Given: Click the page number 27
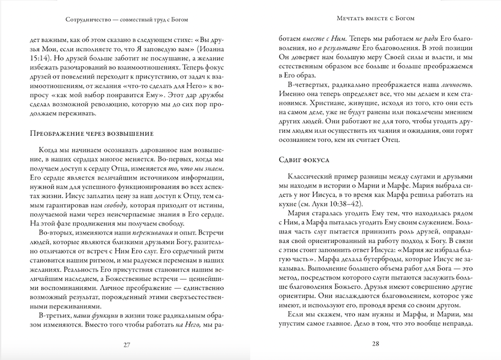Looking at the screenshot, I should click(x=127, y=344).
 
